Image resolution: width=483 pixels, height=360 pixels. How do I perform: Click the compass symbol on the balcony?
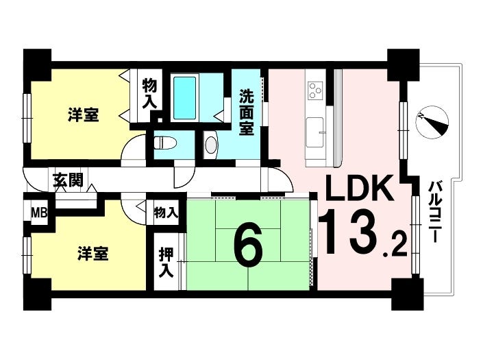tap(432, 122)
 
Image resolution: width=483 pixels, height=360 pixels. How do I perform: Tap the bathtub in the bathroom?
tap(184, 98)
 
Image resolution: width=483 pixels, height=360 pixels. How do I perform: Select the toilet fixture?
tap(165, 144)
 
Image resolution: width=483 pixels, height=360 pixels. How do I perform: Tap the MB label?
tap(40, 213)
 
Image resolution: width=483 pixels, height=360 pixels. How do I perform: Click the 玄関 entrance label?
tap(68, 180)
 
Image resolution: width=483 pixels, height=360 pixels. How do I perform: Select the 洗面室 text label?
tap(247, 112)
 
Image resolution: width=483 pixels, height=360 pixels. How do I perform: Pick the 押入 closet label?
tap(166, 263)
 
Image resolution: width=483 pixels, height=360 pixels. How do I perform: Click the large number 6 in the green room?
tap(248, 245)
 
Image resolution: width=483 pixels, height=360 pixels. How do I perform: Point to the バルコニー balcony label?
tap(434, 212)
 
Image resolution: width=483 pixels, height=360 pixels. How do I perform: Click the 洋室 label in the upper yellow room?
tap(84, 115)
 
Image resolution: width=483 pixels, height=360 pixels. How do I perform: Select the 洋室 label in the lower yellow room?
tap(92, 254)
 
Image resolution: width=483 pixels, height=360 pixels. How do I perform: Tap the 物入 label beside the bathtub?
tap(150, 93)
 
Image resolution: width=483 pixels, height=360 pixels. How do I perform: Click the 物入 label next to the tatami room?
tap(166, 213)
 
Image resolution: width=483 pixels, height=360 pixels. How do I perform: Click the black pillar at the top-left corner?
tap(37, 65)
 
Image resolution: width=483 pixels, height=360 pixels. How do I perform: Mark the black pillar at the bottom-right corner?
tap(406, 295)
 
